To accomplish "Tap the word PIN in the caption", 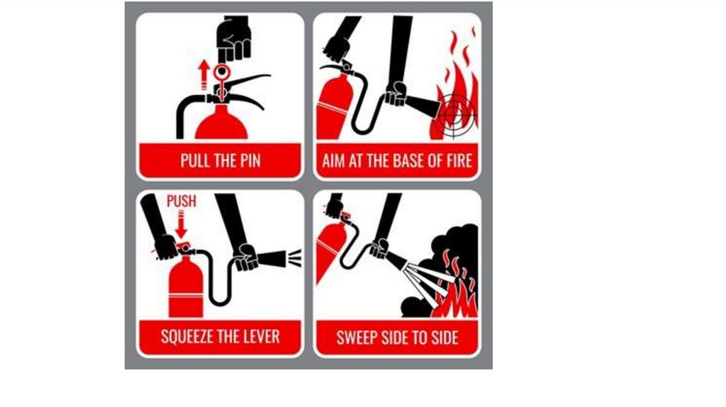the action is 250,161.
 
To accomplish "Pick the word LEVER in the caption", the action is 264,336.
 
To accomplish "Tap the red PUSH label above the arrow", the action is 181,201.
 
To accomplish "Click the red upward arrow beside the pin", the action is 203,74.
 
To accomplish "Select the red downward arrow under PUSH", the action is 181,224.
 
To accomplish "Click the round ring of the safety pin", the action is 222,72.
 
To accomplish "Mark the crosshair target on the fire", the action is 455,113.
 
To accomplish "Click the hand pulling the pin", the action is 234,39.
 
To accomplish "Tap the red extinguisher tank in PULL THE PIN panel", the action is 221,123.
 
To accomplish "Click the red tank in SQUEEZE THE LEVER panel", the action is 186,287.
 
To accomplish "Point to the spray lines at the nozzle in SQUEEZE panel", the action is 294,258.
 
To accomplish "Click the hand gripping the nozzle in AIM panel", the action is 396,94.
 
